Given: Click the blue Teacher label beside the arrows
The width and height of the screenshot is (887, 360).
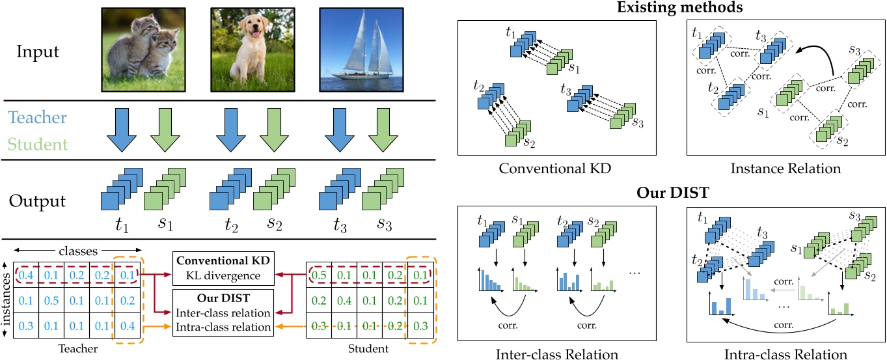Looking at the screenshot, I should pyautogui.click(x=37, y=118).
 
